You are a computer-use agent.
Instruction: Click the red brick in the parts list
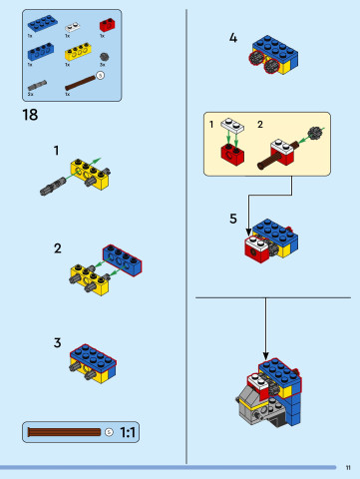pos(107,24)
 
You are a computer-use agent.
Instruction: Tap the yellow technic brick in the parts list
pos(76,53)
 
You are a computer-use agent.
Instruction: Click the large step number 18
pos(30,116)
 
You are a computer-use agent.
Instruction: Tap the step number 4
pos(232,38)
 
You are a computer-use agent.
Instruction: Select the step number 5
pos(232,218)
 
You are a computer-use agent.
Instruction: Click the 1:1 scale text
pos(129,432)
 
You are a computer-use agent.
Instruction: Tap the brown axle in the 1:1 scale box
pos(64,432)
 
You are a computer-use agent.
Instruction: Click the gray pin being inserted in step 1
pos(54,186)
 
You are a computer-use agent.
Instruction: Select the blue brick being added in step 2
pos(122,257)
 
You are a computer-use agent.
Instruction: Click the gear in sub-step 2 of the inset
pos(317,133)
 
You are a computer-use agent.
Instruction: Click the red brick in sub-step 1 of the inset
pos(233,153)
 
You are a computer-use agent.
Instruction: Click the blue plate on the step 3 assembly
pos(94,354)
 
